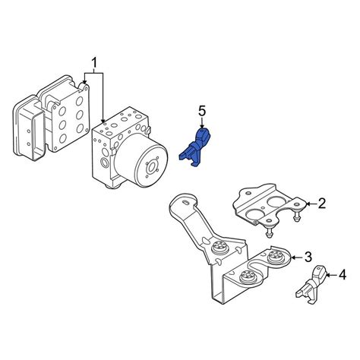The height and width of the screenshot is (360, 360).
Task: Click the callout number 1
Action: pos(94,63)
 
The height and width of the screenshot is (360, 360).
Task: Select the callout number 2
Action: pos(321,204)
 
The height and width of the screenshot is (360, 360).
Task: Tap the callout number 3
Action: pos(308,257)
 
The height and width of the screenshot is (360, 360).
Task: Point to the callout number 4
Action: pos(343,275)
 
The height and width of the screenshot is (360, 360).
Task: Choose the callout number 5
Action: pos(202,112)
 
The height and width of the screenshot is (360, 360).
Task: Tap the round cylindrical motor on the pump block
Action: pos(141,161)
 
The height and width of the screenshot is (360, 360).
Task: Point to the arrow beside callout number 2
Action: pos(311,204)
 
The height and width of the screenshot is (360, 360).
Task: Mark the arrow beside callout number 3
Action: pos(297,257)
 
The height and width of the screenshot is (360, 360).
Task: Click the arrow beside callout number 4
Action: pos(332,275)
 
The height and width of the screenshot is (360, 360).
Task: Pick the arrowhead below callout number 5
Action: pos(202,126)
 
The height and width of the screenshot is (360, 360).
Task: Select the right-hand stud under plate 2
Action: pos(296,216)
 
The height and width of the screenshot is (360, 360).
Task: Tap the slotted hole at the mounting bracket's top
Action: pos(185,202)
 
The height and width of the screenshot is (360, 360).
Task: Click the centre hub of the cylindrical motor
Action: pos(152,167)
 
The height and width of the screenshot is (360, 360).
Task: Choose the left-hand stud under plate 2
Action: pos(269,231)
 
